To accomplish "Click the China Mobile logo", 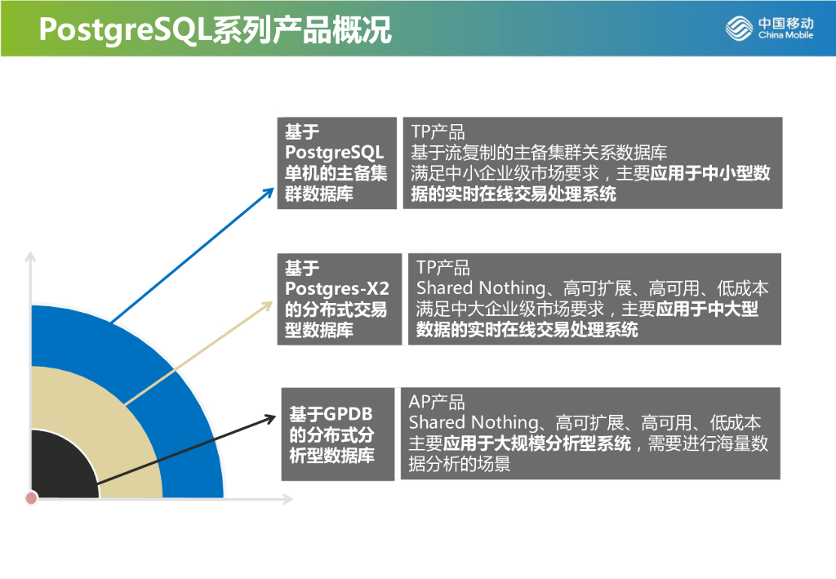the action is coord(769,29).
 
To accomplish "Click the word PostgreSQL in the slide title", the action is coord(123,30).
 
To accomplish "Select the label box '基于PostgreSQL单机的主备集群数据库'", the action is coord(336,163).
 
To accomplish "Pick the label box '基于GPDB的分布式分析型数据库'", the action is coord(337,434).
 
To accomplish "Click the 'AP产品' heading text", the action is coord(437,403).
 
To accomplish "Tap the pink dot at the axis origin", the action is coord(31,497).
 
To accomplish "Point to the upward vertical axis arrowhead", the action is coord(31,257).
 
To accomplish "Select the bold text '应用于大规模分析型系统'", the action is coord(537,444).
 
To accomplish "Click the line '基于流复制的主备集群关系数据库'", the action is coord(539,153).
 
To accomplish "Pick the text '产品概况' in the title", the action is coord(342,30).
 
